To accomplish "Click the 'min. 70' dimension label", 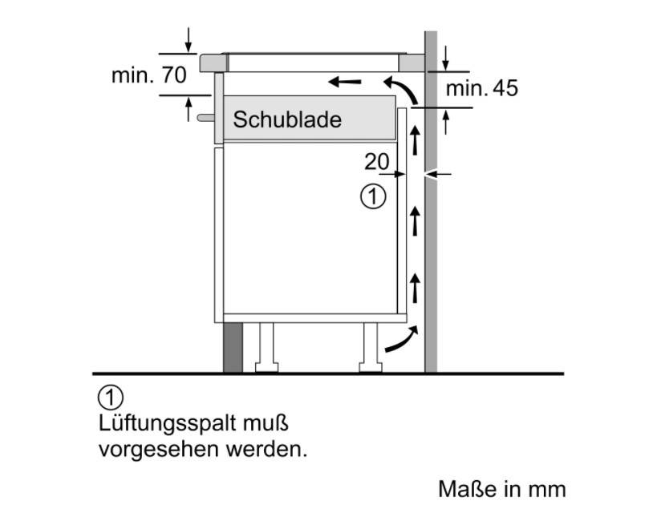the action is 148,75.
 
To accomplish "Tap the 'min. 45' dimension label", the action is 482,88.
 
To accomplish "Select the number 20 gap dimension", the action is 377,162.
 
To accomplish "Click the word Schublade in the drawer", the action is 287,119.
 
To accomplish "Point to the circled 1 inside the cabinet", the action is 373,196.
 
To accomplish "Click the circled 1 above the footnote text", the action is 111,398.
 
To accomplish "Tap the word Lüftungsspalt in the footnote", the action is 168,424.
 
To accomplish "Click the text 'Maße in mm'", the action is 502,489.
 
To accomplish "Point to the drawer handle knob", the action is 205,118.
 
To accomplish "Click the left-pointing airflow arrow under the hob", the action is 344,81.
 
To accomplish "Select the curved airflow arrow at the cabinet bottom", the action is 401,339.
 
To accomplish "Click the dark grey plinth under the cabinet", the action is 233,348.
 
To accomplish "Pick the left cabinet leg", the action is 266,347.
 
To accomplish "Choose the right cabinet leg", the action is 371,347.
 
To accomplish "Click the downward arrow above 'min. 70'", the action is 189,40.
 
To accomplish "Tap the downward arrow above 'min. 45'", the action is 445,59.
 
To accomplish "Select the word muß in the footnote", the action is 266,423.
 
